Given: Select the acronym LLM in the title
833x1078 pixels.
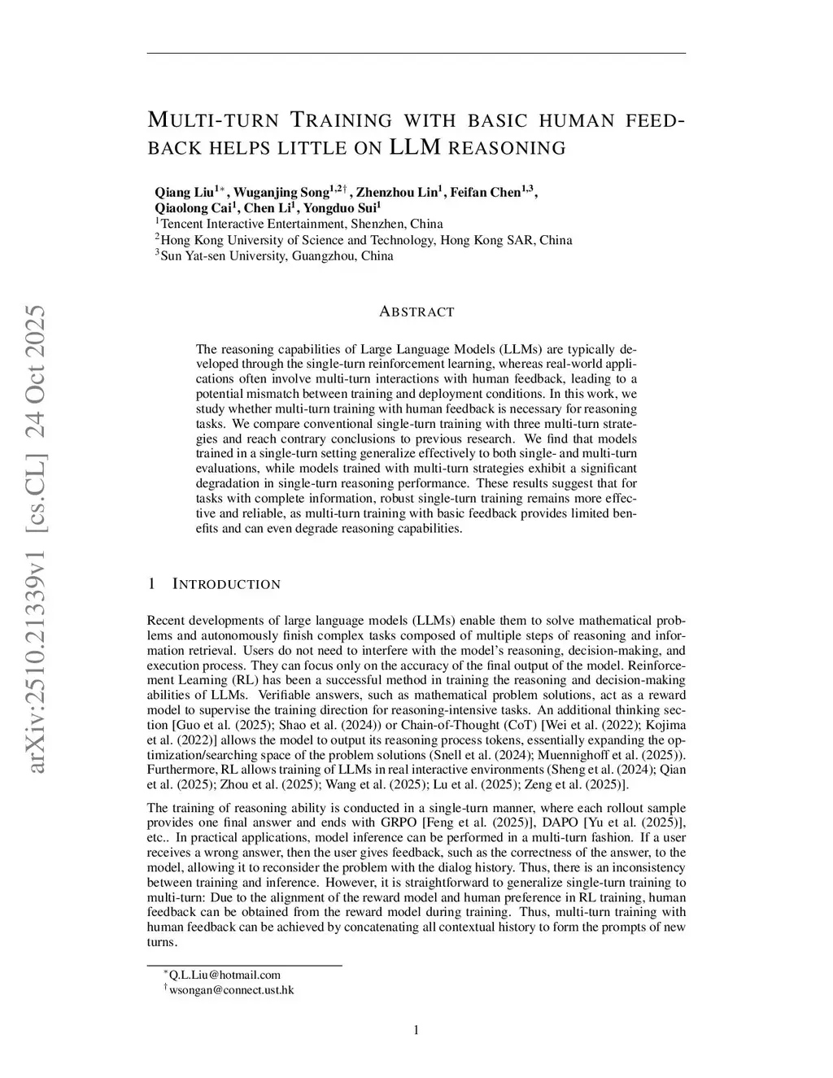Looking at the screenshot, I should pos(416,147).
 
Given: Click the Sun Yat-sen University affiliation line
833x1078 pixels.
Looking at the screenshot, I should pos(277,255).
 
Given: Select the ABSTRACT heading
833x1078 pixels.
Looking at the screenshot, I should pos(416,312).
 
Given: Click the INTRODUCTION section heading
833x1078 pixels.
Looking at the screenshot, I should pos(227,584).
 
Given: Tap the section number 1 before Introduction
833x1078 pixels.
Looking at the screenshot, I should pos(151,584).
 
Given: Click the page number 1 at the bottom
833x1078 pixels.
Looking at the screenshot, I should pos(416,1031).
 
